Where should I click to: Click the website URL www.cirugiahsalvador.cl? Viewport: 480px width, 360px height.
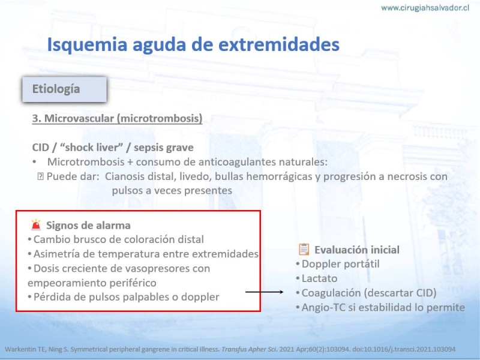425,8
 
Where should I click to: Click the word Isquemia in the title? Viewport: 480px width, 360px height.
87,44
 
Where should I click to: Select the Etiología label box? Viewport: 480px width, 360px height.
65,89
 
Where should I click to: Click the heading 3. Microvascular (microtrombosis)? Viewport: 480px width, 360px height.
117,118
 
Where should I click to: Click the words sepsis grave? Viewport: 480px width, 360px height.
164,148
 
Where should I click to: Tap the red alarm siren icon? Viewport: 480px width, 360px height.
36,225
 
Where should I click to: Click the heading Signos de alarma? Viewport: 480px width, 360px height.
88,226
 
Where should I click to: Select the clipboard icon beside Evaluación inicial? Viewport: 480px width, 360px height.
304,250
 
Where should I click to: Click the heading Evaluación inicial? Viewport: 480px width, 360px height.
357,250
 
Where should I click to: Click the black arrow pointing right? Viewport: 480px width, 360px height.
265,292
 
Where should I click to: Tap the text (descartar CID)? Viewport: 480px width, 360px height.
400,293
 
